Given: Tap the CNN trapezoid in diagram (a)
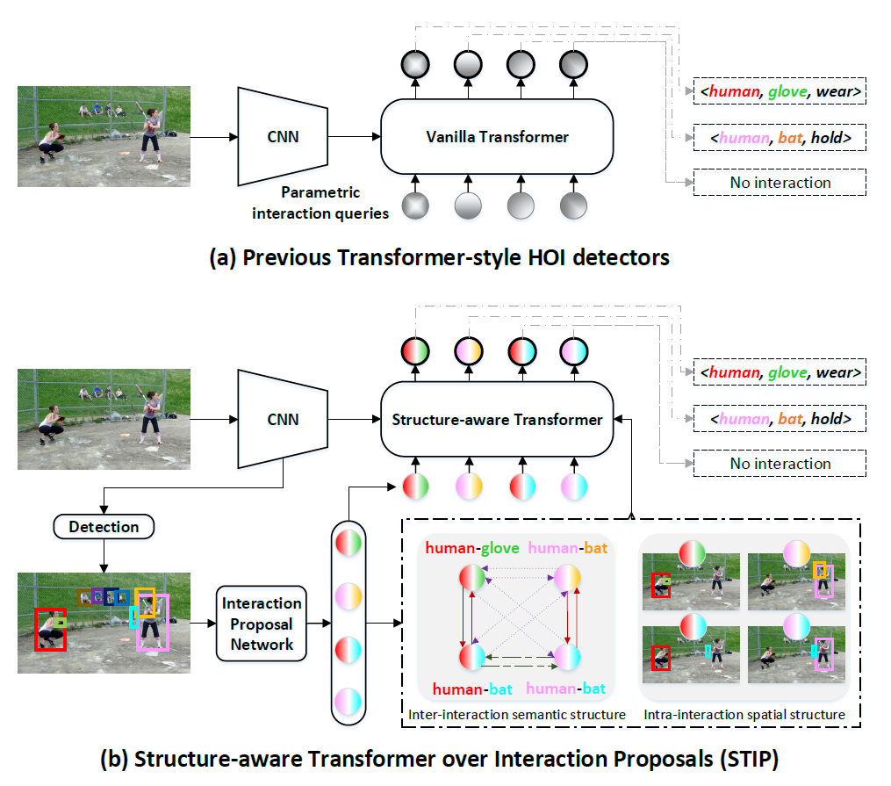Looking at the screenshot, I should [x=283, y=136].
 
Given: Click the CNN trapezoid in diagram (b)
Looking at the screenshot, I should [x=283, y=419].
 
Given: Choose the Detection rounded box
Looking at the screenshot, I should [x=104, y=527].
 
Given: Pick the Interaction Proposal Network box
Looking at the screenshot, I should [x=261, y=624].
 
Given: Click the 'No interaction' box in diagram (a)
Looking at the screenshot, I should [x=780, y=183].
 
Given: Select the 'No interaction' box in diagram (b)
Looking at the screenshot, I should [x=780, y=464].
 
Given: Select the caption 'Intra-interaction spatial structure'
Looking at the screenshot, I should [x=744, y=715].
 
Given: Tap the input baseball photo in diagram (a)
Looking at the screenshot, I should [x=104, y=136].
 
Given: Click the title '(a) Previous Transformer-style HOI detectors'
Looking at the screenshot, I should [x=439, y=257].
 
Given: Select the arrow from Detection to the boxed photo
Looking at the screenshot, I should [x=104, y=555].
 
